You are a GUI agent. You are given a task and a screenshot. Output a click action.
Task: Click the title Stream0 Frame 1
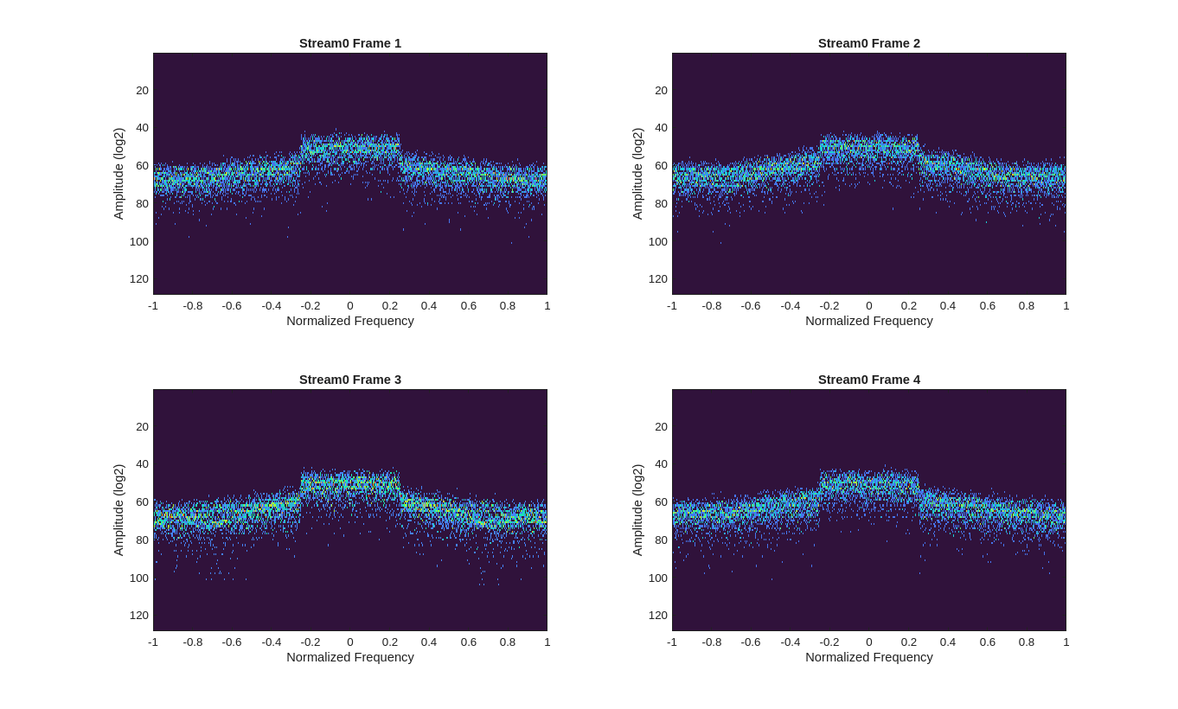[350, 43]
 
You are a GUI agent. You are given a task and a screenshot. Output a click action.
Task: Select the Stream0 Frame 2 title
[868, 43]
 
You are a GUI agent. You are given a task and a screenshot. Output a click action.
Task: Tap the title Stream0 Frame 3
[350, 380]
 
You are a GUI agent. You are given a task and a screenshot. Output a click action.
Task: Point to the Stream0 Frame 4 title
[868, 380]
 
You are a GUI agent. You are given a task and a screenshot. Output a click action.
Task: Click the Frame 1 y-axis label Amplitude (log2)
[118, 174]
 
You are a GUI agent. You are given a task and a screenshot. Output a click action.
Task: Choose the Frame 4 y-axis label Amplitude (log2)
[637, 510]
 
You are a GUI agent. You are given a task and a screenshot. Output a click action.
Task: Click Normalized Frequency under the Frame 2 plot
[868, 321]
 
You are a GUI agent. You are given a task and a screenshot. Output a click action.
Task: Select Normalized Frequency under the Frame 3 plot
[350, 657]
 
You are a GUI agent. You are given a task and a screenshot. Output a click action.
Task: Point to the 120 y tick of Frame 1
[139, 279]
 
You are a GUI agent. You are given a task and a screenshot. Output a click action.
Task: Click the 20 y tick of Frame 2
[661, 91]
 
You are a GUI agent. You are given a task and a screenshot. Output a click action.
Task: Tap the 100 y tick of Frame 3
[139, 578]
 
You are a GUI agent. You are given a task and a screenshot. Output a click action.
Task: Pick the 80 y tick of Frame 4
[661, 540]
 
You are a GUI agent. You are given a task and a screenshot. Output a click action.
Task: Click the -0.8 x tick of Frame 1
[193, 306]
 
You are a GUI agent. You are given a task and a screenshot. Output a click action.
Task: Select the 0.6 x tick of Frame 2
[987, 306]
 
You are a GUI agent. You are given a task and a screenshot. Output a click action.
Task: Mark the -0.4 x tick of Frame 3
[272, 642]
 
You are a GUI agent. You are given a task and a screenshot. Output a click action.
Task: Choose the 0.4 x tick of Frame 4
[948, 642]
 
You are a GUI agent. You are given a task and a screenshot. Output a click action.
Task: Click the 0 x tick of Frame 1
[350, 306]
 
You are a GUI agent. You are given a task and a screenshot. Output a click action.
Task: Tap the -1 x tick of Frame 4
[672, 642]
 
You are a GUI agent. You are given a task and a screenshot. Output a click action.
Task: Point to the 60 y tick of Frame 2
[661, 166]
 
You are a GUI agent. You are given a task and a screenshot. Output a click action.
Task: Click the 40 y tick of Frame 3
[143, 464]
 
